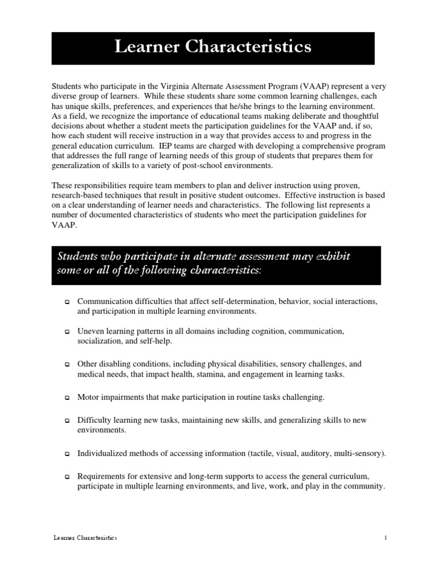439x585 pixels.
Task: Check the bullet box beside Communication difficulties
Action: pos(67,302)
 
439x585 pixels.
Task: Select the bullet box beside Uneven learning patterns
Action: pos(67,332)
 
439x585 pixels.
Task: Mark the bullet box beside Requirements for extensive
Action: pos(67,476)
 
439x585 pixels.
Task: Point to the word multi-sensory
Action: pos(360,454)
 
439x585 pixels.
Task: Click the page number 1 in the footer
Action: pos(386,538)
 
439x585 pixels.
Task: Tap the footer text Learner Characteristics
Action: pos(85,538)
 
